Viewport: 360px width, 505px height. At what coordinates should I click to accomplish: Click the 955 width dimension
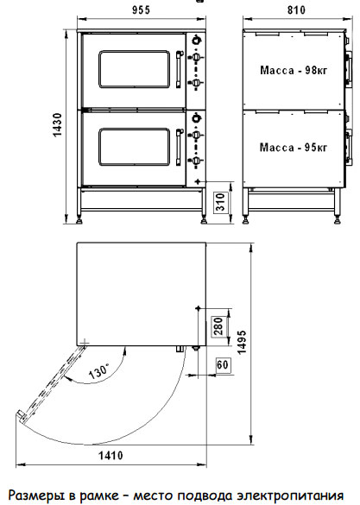(141, 10)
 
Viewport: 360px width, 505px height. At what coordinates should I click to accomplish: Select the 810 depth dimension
(296, 10)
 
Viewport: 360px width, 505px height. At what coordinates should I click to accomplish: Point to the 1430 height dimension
(57, 125)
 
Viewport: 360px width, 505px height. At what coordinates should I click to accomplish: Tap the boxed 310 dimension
(220, 202)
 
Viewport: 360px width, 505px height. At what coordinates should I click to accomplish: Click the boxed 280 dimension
(218, 326)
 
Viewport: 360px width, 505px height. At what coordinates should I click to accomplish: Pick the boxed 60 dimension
(223, 365)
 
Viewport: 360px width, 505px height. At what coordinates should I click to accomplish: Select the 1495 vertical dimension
(242, 342)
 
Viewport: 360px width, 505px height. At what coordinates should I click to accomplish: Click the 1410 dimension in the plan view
(111, 456)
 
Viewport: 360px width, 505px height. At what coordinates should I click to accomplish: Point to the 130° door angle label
(99, 370)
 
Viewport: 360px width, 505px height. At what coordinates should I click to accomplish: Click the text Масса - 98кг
(294, 70)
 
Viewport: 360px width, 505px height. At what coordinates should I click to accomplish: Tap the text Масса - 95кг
(294, 148)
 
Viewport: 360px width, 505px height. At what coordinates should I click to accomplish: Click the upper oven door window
(135, 69)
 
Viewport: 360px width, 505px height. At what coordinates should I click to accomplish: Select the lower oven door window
(135, 147)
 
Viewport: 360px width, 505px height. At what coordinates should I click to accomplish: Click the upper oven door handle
(179, 69)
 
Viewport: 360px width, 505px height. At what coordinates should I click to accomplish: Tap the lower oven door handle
(179, 147)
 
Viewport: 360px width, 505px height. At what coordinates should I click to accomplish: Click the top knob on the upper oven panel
(196, 40)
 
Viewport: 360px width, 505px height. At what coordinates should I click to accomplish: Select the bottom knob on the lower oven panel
(196, 160)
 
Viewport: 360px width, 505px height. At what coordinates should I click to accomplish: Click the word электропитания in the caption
(290, 496)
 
